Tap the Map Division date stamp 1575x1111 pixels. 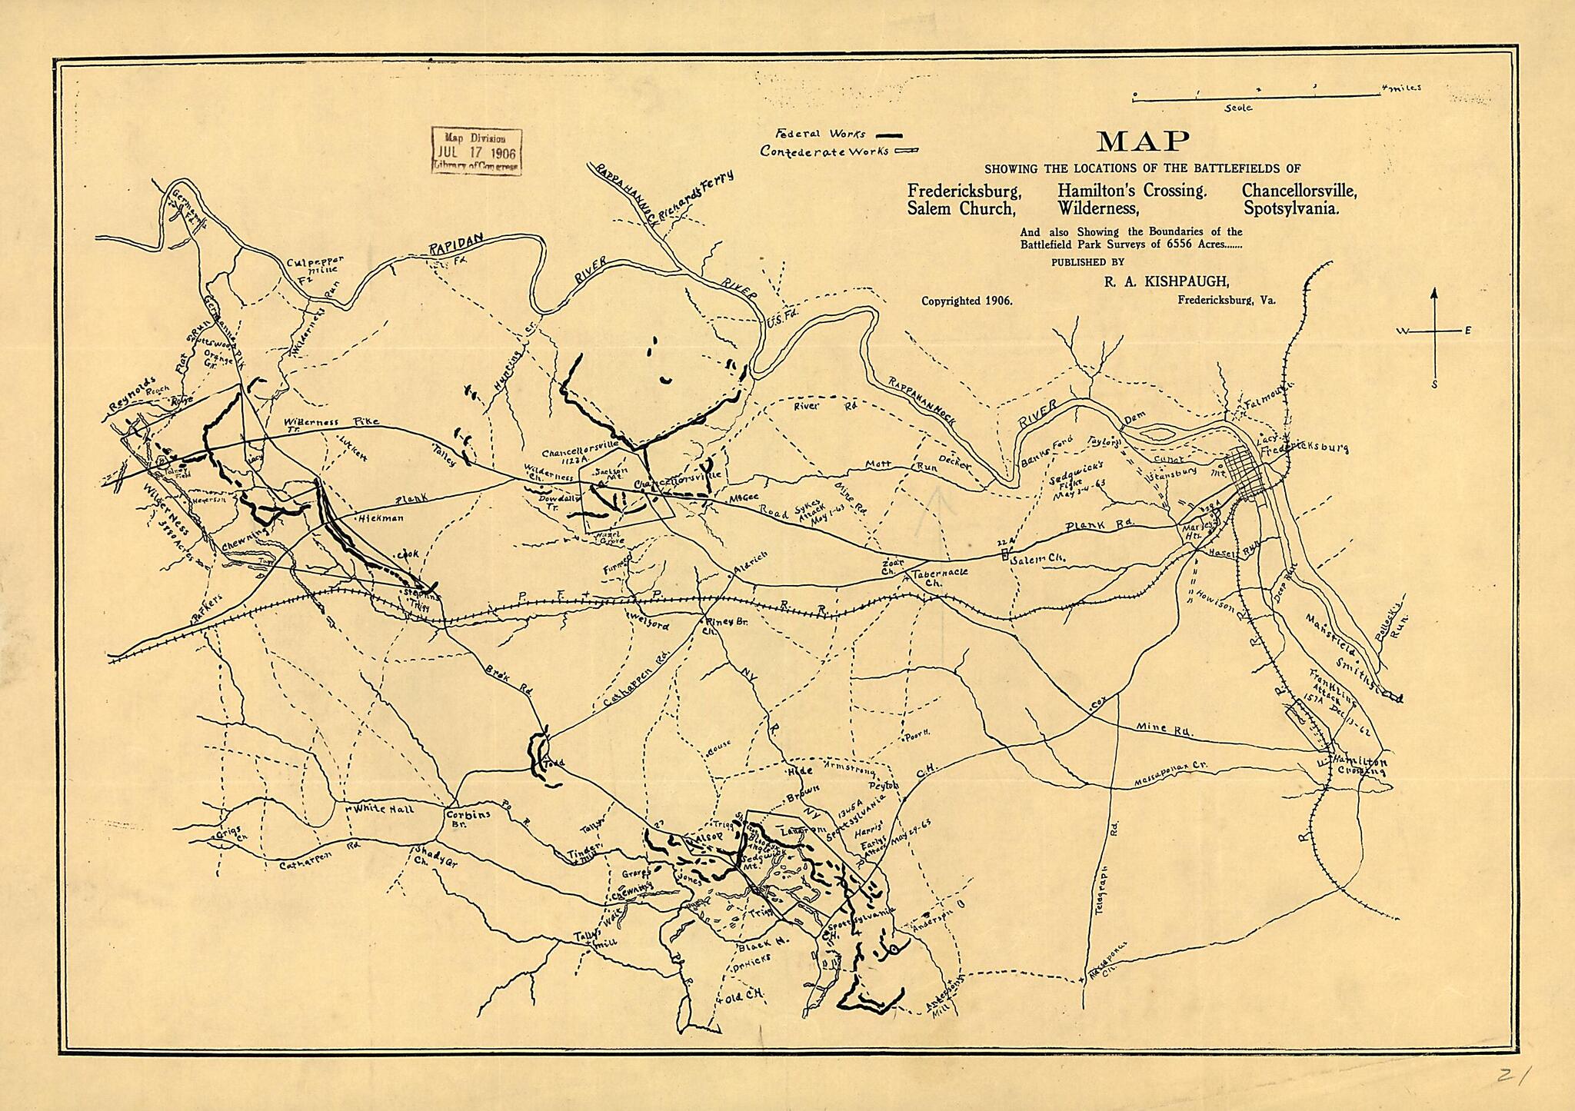click(x=476, y=151)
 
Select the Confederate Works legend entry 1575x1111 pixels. click(x=838, y=151)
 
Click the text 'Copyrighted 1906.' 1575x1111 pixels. click(x=967, y=301)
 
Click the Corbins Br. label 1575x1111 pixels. click(x=468, y=817)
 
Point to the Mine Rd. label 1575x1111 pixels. click(x=1164, y=729)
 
